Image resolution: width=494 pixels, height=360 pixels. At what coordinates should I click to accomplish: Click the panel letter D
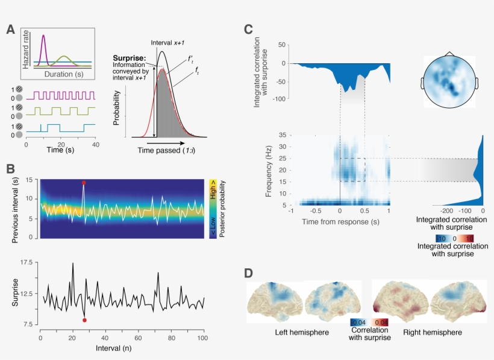tap(249, 273)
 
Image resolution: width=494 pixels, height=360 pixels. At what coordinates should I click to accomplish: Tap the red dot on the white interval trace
tap(84, 182)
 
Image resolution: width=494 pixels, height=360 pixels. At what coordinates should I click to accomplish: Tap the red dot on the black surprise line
tap(84, 320)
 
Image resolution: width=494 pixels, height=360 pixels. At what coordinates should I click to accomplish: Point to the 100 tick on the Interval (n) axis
tap(204, 338)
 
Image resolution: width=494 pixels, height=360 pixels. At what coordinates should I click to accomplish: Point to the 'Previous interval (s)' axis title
tap(14, 208)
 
